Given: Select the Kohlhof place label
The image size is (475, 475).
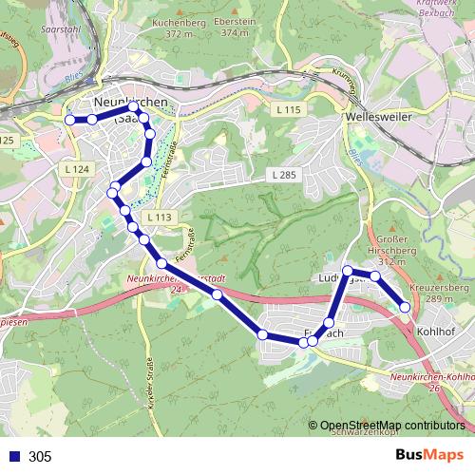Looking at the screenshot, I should click(435, 332).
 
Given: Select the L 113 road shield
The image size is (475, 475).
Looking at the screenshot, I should click(161, 218).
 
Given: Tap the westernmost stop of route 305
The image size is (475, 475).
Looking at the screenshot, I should click(69, 120).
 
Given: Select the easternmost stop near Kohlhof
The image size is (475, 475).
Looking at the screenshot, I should click(406, 307).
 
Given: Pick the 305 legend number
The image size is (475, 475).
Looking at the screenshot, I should click(40, 457).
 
